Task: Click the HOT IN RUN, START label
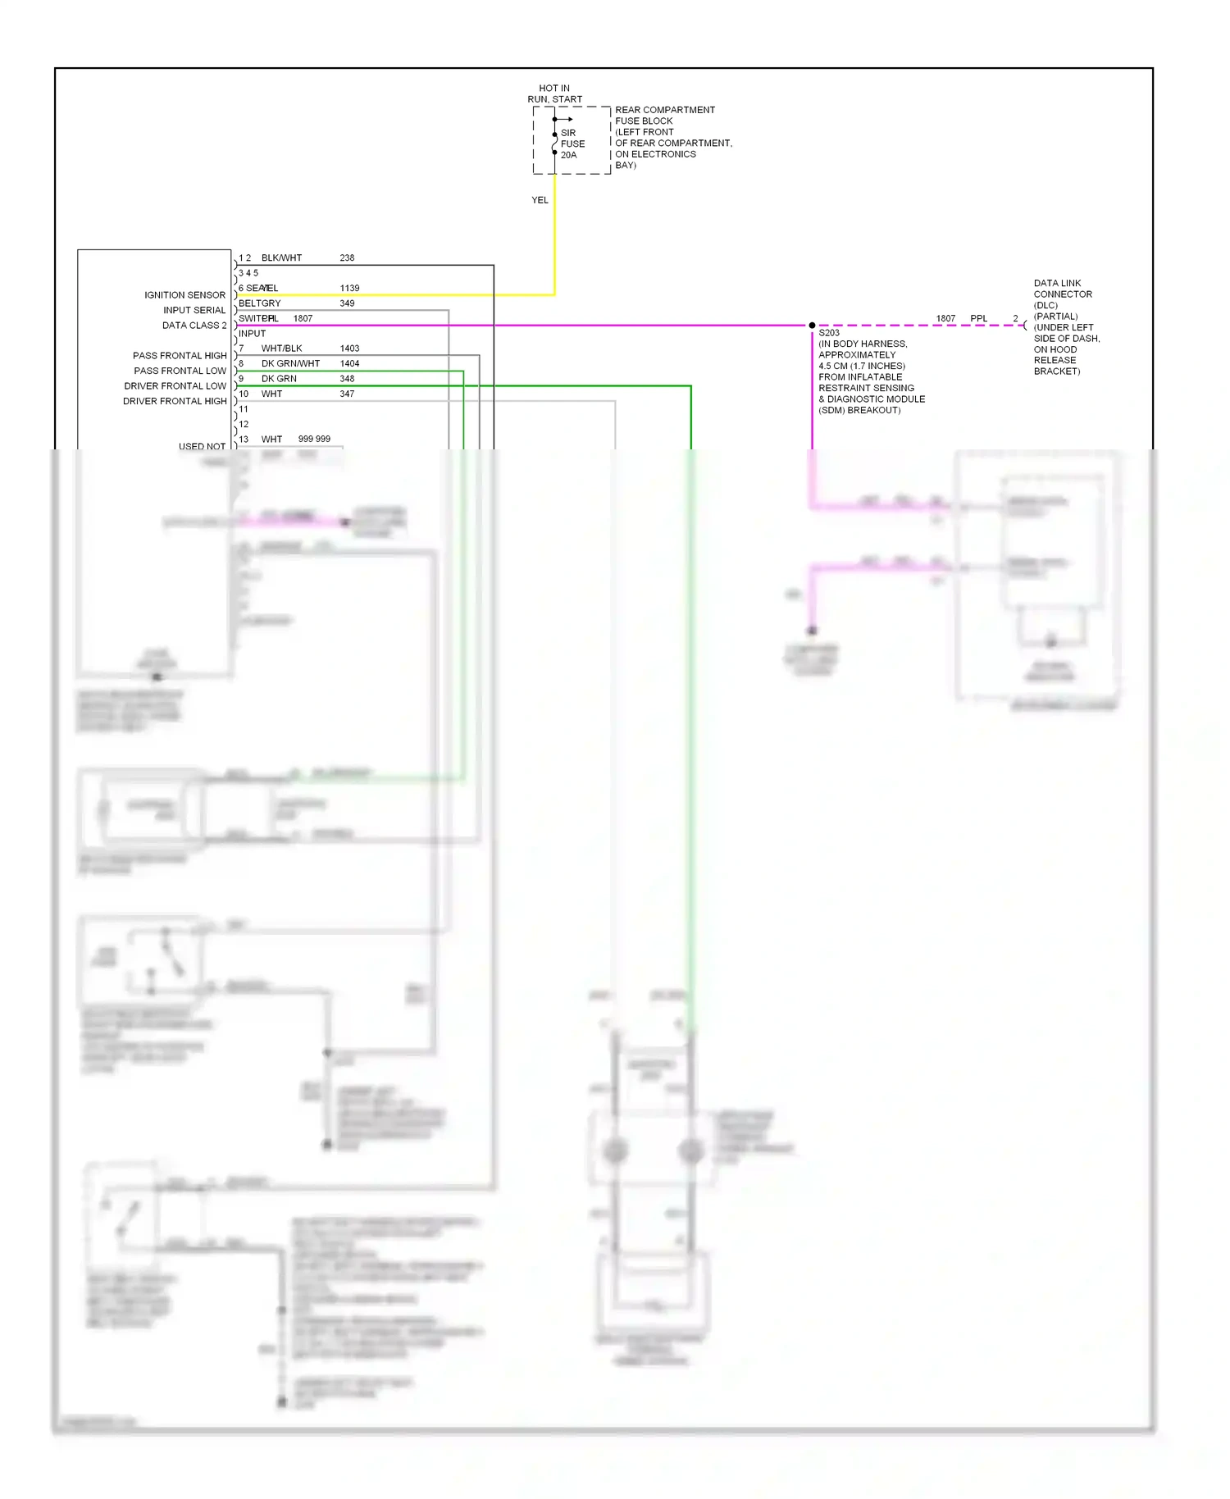click(554, 93)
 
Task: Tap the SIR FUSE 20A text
click(572, 144)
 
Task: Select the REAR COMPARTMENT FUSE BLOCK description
click(672, 137)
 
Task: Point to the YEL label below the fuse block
click(540, 200)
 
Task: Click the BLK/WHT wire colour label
click(281, 257)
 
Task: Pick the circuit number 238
click(347, 257)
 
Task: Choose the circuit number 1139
click(349, 288)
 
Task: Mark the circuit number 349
click(347, 303)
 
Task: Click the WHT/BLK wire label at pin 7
click(281, 349)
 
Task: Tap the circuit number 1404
click(349, 363)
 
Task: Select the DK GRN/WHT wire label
click(290, 363)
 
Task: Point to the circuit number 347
click(347, 394)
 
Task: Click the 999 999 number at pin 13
click(314, 439)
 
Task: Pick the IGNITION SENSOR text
click(184, 295)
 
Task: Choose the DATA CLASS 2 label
click(194, 326)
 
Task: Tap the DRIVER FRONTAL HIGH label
click(175, 401)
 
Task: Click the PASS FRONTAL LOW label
click(180, 371)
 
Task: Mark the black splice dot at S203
click(812, 326)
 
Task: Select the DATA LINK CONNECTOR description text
click(1065, 326)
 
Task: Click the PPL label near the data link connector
click(978, 318)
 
